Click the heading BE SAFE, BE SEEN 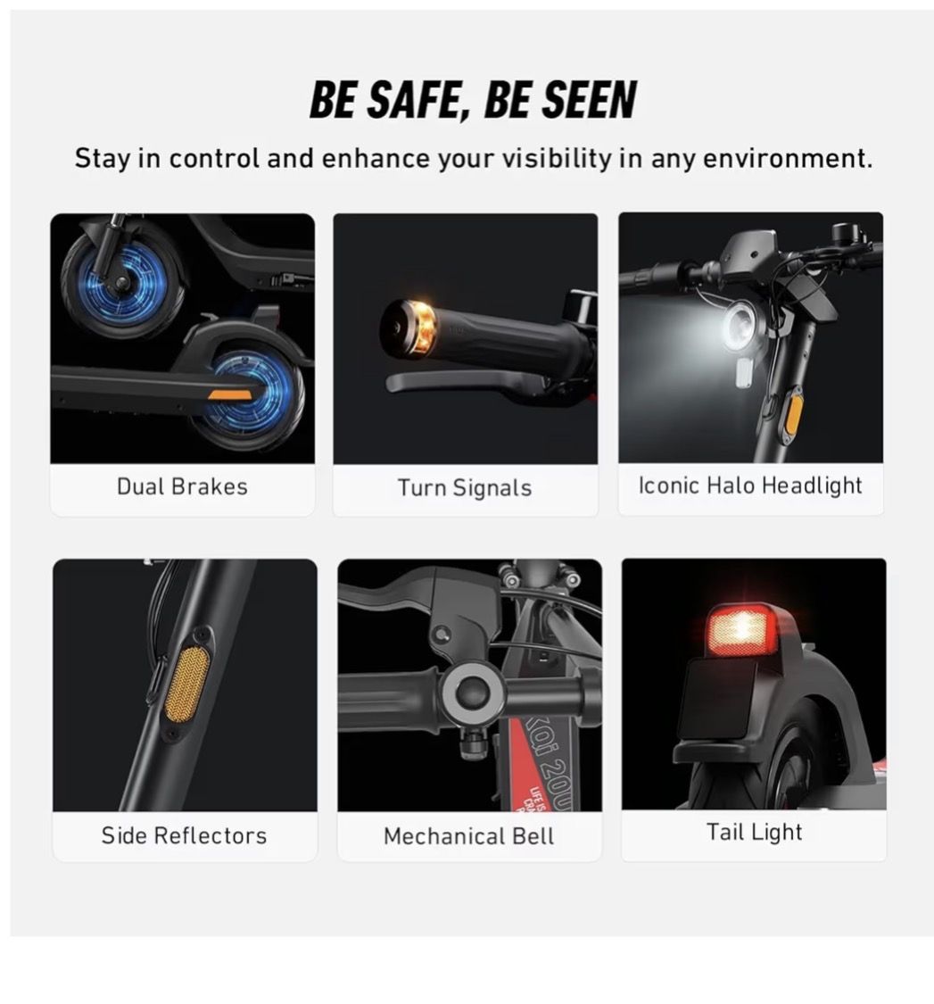pyautogui.click(x=473, y=100)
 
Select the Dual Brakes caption pyautogui.click(x=182, y=486)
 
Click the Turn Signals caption pyautogui.click(x=465, y=488)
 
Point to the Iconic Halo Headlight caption pyautogui.click(x=749, y=485)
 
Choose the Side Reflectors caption pyautogui.click(x=184, y=835)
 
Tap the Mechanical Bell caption pyautogui.click(x=468, y=836)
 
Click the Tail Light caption pyautogui.click(x=754, y=832)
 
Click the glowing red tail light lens pyautogui.click(x=741, y=629)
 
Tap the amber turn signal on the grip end pyautogui.click(x=422, y=328)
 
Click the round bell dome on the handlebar pyautogui.click(x=473, y=693)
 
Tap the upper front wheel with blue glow pyautogui.click(x=123, y=283)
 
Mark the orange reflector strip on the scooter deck pyautogui.click(x=229, y=394)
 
